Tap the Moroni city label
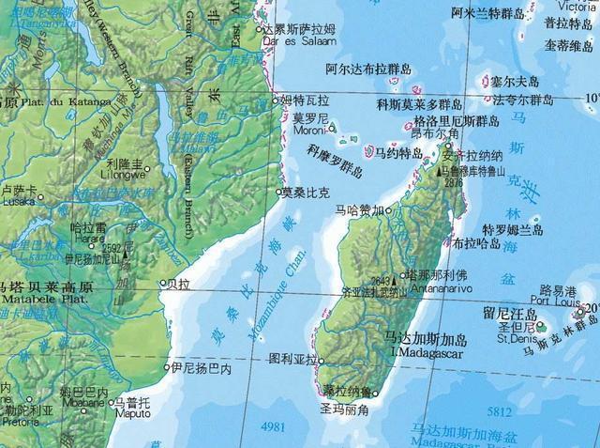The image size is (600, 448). click(308, 131)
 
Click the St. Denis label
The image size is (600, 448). click(517, 339)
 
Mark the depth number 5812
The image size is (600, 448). click(500, 411)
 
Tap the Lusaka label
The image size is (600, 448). click(18, 201)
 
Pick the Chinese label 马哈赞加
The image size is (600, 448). click(361, 211)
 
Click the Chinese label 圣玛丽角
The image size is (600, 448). click(343, 409)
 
